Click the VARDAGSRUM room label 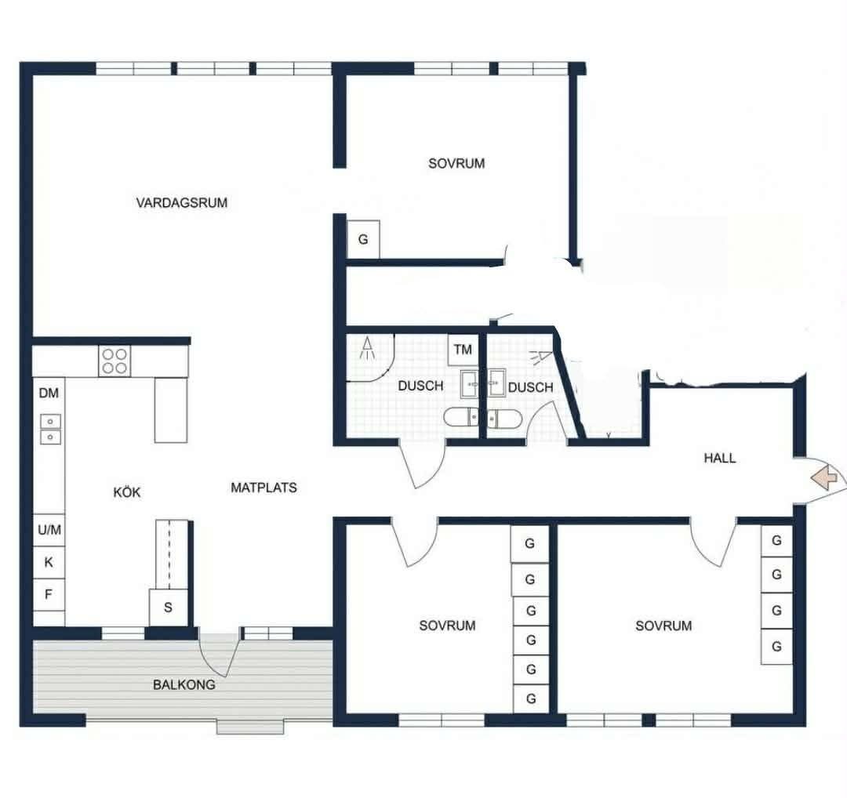pos(181,203)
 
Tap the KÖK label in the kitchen pos(127,491)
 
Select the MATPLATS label pos(264,488)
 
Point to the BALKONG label pos(184,684)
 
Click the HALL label pos(719,459)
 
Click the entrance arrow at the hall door pos(824,477)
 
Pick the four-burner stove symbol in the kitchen pos(115,361)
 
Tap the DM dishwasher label pos(49,393)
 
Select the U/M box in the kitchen pos(49,530)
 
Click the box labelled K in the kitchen pos(49,563)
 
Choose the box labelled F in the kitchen pos(49,595)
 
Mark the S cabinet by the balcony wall pos(169,608)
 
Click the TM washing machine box pos(463,350)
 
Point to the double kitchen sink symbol pos(51,430)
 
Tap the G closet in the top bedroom pos(363,239)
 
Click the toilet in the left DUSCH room pos(461,417)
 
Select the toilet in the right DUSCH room pos(504,419)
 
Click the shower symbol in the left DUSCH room pos(368,348)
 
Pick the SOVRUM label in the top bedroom pos(456,164)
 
